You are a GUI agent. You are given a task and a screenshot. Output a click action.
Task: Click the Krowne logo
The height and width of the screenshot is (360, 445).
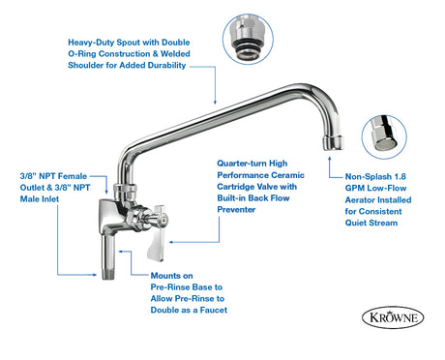393,317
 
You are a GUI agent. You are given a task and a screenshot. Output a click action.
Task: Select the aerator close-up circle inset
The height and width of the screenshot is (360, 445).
384,137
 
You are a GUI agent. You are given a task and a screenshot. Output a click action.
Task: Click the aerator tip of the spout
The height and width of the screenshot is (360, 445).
333,142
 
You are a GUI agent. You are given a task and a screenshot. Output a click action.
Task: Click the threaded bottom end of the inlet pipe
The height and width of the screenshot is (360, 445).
108,274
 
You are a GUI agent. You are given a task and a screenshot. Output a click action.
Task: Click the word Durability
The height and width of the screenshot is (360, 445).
166,66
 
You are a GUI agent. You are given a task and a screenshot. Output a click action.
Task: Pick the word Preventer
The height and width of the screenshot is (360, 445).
236,210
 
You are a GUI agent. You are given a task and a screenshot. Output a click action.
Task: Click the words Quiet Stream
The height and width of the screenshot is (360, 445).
371,223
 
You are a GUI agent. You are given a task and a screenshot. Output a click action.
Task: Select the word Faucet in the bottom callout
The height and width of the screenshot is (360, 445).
214,310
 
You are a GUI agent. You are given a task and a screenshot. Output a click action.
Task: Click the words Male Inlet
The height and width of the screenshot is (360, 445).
40,199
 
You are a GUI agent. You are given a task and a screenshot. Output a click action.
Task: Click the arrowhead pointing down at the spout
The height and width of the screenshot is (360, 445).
215,102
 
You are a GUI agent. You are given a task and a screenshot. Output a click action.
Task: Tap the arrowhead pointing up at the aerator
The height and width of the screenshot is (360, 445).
329,159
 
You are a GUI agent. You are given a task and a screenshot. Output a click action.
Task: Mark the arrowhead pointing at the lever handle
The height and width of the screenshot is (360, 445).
171,242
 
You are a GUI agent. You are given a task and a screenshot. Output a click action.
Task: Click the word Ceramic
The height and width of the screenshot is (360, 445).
288,175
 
